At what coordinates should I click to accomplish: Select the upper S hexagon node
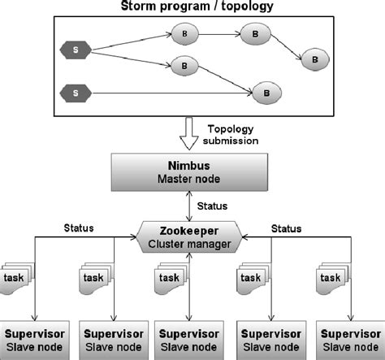pos(75,51)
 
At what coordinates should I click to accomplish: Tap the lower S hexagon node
pos(75,94)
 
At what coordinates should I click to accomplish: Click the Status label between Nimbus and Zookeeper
pos(212,206)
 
